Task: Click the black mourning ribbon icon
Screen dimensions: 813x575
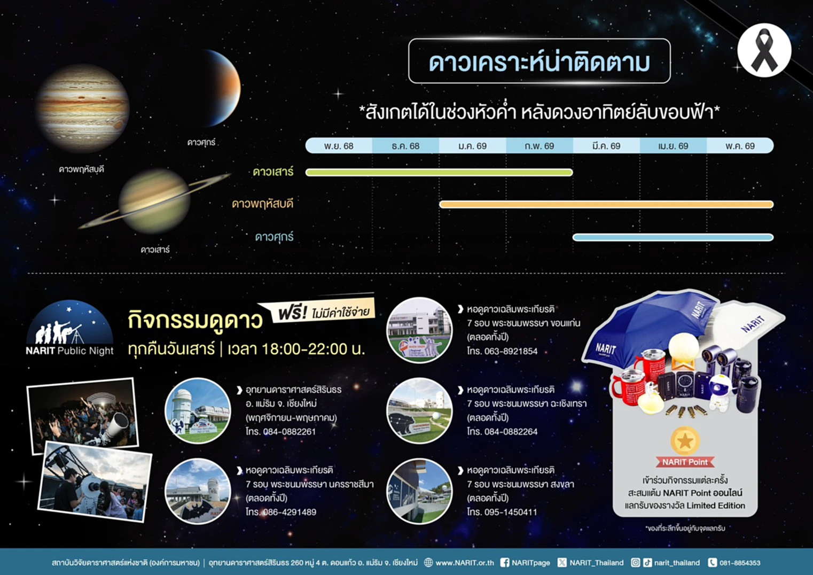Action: click(x=764, y=51)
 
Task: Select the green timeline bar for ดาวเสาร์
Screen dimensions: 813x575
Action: click(x=439, y=172)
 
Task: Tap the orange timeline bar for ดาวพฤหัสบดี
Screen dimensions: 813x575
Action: click(x=606, y=204)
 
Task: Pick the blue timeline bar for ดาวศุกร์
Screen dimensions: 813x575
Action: click(x=673, y=237)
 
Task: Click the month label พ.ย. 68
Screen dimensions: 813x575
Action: click(x=339, y=146)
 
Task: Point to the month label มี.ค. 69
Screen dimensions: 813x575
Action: click(x=606, y=146)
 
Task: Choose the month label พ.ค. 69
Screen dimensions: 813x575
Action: click(x=740, y=146)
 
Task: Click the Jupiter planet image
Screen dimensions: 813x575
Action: click(x=83, y=108)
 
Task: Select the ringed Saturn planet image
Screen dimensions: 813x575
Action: click(x=154, y=201)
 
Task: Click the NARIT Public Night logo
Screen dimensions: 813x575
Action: click(x=69, y=328)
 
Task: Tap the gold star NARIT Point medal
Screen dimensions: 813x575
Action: click(x=685, y=441)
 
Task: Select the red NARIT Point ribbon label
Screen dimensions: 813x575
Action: click(x=685, y=462)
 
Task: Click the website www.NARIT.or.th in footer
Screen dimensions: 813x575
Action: click(x=465, y=563)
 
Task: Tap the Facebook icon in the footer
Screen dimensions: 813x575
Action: click(x=504, y=563)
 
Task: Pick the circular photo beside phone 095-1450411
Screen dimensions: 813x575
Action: click(x=419, y=491)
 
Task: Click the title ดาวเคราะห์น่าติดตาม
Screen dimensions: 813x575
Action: click(x=540, y=62)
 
